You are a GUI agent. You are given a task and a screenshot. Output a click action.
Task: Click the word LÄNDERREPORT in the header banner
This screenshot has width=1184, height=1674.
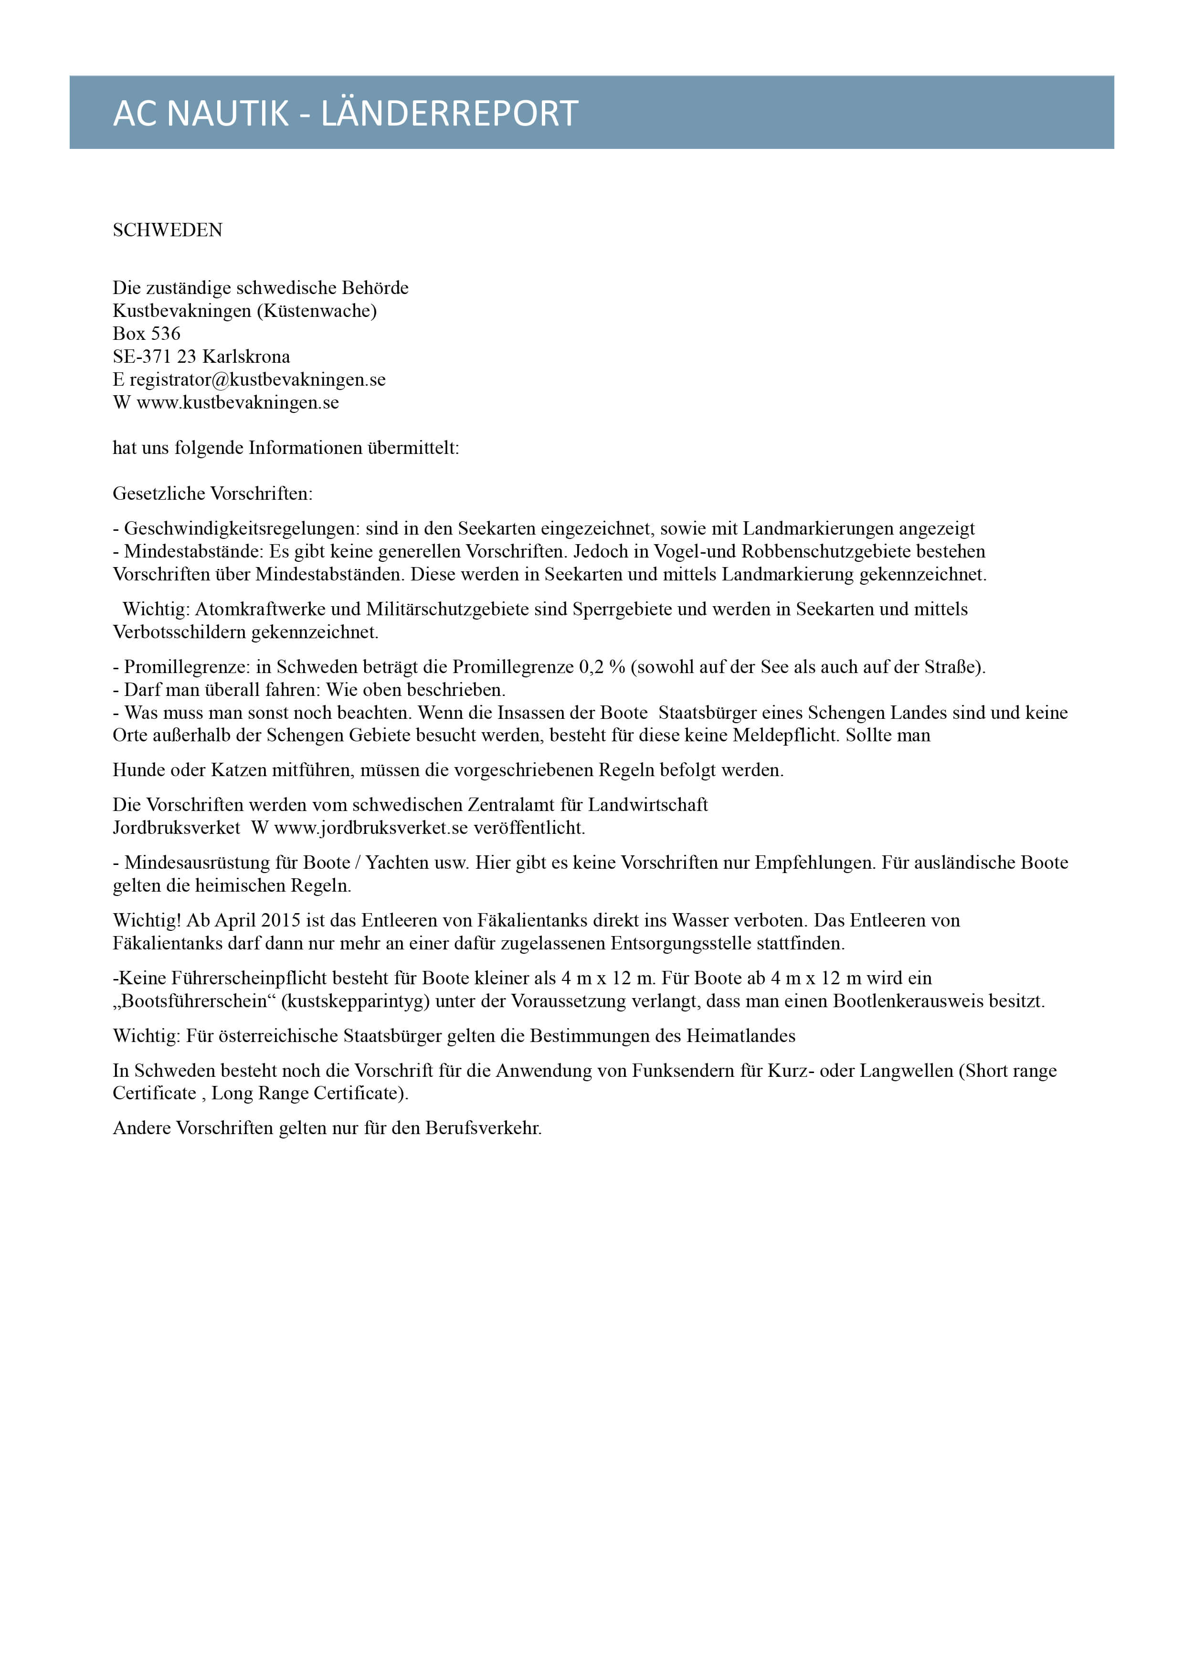(449, 114)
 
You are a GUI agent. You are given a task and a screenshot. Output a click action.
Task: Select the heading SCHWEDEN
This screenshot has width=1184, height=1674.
(168, 231)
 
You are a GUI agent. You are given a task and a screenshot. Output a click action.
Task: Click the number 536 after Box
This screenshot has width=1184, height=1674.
(166, 334)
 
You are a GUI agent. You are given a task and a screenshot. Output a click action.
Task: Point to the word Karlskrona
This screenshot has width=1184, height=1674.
(246, 357)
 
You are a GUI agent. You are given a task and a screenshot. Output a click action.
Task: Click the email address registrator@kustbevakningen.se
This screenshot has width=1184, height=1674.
(257, 380)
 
